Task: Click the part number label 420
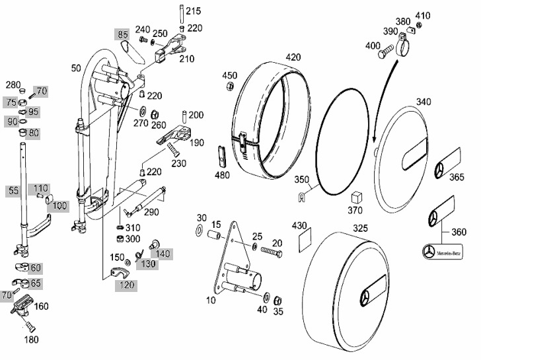tap(293, 57)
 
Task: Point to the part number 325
tap(360, 228)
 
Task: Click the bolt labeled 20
tap(271, 251)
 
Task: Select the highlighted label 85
tap(122, 34)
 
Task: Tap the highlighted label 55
tap(14, 190)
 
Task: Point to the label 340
tap(424, 102)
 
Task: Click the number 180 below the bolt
tap(31, 340)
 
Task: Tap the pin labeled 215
tap(179, 16)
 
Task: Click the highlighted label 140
tap(163, 254)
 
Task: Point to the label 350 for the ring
tap(301, 180)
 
